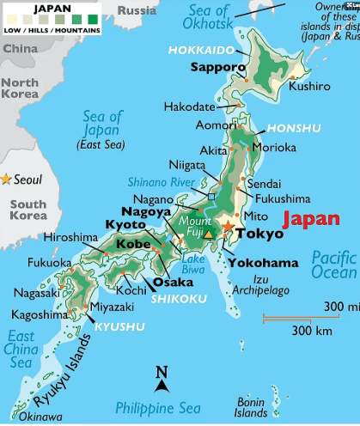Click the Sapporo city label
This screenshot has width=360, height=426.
click(217, 66)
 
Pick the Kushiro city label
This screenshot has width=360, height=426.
click(310, 86)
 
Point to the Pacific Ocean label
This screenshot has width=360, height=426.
click(333, 265)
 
